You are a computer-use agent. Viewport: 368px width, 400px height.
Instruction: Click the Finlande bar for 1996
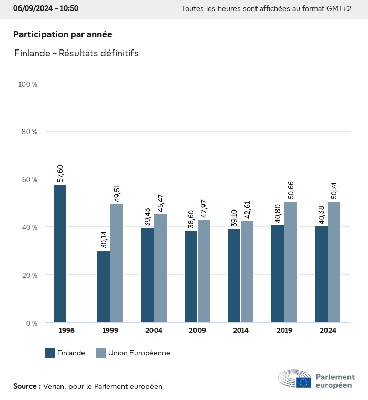[x=60, y=254]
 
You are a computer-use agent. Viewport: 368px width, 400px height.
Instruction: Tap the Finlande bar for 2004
[x=147, y=275]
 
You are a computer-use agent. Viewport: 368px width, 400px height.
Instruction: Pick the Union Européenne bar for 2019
[x=291, y=262]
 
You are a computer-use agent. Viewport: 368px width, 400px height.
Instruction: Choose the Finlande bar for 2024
[x=321, y=274]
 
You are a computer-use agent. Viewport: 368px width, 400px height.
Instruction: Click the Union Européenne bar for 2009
[x=203, y=271]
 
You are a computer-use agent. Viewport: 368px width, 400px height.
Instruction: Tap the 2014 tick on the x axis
[x=241, y=331]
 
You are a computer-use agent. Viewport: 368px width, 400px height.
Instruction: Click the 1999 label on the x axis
[x=110, y=331]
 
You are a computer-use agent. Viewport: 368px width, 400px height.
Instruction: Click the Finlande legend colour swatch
[x=50, y=353]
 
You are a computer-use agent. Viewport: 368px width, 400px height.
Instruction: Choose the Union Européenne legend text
[x=139, y=353]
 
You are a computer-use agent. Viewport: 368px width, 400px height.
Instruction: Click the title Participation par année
[x=63, y=34]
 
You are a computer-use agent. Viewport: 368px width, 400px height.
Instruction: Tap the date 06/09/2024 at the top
[x=32, y=8]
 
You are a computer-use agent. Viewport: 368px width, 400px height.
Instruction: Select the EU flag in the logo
[x=303, y=383]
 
